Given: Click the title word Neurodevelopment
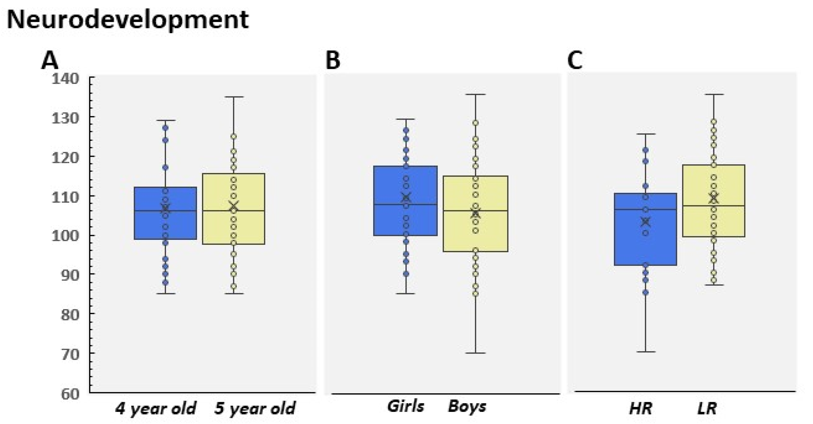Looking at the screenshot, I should pos(128,19).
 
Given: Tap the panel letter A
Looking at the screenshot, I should pos(50,61).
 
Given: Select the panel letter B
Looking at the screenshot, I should pos(333,61).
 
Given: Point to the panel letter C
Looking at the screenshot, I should pos(575,61).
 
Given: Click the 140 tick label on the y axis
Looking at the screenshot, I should pos(65,78).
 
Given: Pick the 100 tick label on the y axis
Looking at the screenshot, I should pos(65,235).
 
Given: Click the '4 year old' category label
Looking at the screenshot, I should pos(155,409).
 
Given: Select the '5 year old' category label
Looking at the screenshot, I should pos(255,409).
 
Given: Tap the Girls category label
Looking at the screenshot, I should pos(406,406).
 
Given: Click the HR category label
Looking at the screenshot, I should pos(641,409).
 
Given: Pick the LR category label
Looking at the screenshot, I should pos(707,409).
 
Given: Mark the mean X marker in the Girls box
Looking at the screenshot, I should pos(406,198).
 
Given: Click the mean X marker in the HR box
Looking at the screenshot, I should pos(646,222).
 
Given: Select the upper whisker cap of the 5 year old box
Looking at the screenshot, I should pos(234,97).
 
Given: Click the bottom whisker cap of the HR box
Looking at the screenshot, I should pos(646,352).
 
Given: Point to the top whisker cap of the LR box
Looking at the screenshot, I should pos(714,94).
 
